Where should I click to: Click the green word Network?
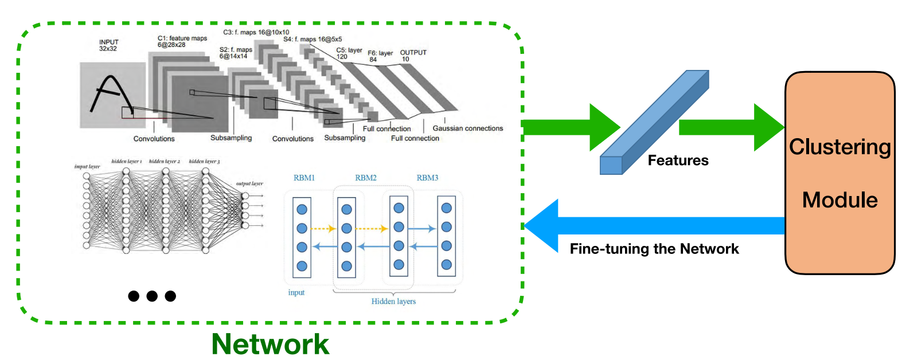coord(270,344)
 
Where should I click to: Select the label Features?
coord(678,161)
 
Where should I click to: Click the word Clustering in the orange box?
coord(839,147)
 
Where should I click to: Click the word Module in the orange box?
coord(839,200)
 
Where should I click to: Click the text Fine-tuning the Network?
coord(654,249)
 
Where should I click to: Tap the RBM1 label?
coord(304,178)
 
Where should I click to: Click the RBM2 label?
coord(366,178)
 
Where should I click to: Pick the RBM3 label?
coord(427,178)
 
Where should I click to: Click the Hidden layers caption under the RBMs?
coord(393,302)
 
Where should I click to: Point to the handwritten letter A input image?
coord(112,95)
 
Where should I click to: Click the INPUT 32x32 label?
coord(108,45)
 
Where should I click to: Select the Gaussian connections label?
coord(467,128)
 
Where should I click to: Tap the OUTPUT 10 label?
coord(413,56)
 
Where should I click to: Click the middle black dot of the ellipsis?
coord(152,296)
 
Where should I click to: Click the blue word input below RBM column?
coord(296,292)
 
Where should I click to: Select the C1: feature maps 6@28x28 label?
coord(182,41)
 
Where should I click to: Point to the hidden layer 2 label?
coord(164,162)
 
